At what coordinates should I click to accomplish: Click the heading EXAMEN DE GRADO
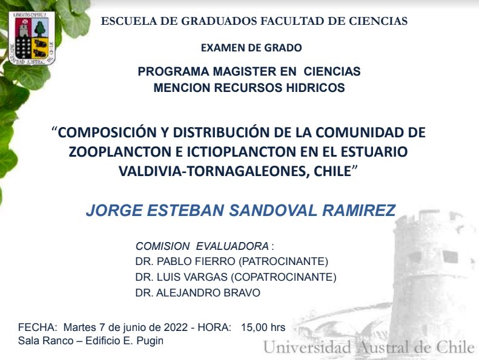pos(251,48)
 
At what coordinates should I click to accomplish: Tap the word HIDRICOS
pos(314,88)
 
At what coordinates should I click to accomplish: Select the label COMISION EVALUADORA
pos(202,246)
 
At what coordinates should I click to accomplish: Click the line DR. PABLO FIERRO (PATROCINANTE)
pos(231,262)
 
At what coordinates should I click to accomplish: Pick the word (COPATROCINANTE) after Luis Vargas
pos(289,278)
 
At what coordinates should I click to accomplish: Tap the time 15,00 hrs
pos(263,327)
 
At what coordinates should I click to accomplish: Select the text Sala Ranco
pos(41,341)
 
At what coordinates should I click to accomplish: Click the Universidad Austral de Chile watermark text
pos(369,348)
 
